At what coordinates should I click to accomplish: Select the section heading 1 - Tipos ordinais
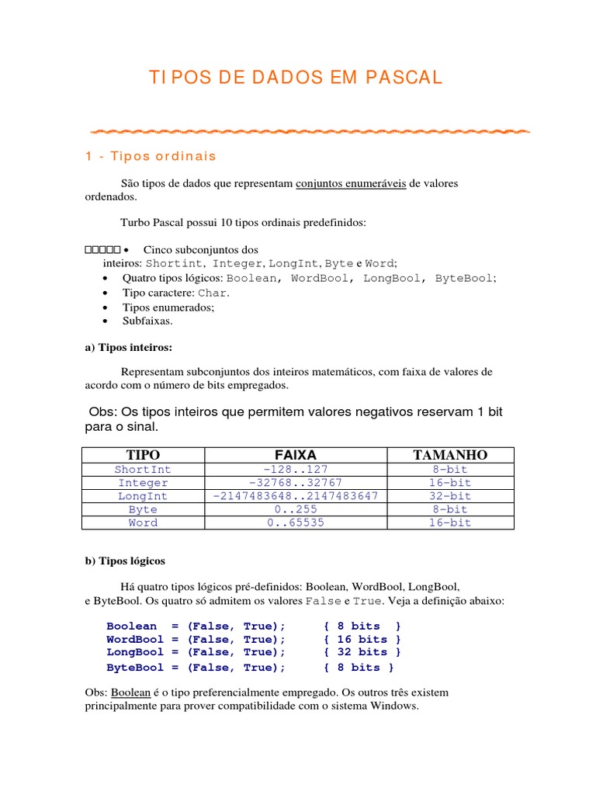(x=151, y=156)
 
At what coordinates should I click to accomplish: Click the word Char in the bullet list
(x=213, y=293)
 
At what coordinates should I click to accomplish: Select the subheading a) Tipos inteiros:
(x=128, y=346)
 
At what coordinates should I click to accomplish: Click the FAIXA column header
(x=295, y=454)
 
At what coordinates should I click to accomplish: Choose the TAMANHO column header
(x=450, y=454)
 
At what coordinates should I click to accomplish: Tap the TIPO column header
(x=142, y=454)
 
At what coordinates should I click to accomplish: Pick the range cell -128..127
(x=295, y=470)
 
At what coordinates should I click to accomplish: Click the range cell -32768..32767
(x=295, y=483)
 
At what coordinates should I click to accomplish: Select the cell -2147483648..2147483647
(x=295, y=496)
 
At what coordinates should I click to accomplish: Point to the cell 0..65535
(x=295, y=522)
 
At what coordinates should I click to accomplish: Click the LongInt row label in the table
(x=142, y=496)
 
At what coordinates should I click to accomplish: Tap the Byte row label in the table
(x=142, y=509)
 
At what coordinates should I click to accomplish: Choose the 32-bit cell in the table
(x=450, y=496)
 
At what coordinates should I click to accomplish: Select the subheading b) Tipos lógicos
(x=124, y=560)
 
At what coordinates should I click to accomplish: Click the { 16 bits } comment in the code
(x=362, y=639)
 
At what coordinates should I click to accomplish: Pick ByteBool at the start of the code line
(x=135, y=667)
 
